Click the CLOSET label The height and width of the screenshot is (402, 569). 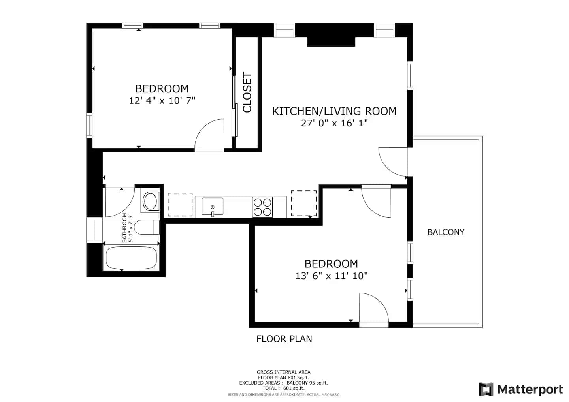[247, 92]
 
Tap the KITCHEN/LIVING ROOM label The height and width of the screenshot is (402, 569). [334, 111]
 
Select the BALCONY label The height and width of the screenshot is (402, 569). [446, 232]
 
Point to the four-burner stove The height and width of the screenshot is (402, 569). [262, 207]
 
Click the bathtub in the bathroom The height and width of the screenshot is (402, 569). [131, 258]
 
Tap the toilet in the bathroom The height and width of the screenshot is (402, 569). [147, 227]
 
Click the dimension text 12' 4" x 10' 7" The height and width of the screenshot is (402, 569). [162, 101]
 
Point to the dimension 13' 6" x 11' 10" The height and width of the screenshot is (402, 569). [331, 276]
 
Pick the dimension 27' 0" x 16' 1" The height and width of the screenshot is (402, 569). [334, 123]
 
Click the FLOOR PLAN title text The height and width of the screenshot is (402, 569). [284, 339]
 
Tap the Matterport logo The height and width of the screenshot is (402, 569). [521, 389]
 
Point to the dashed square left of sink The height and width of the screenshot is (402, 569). [180, 205]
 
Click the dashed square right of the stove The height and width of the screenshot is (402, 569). [304, 203]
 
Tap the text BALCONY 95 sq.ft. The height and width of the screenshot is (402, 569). [307, 383]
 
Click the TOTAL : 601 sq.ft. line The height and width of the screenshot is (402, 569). [283, 388]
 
